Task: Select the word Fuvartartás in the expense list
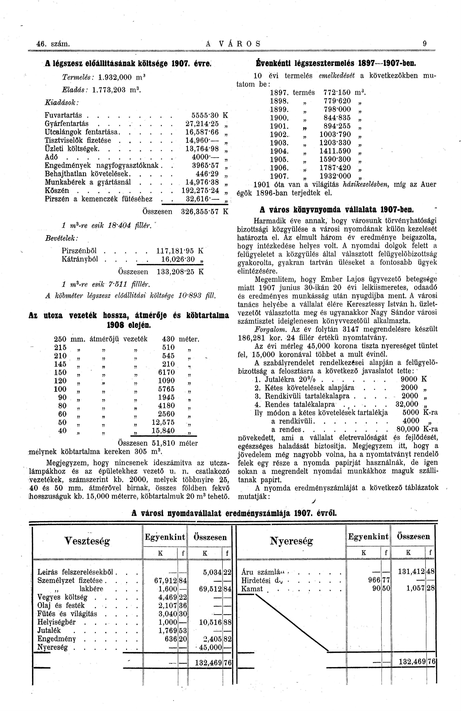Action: pos(63,115)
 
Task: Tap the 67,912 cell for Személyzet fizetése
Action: pos(164,581)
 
